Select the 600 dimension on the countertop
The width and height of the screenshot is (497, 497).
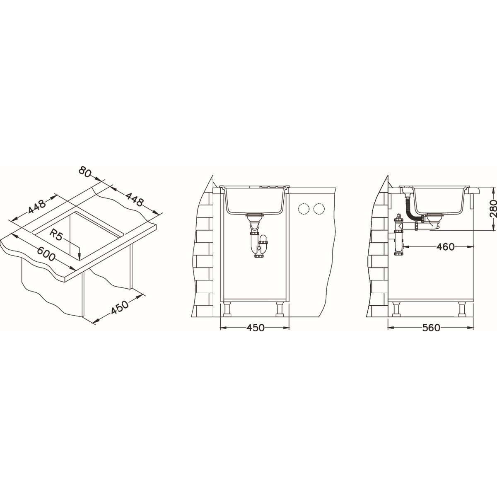click(x=46, y=254)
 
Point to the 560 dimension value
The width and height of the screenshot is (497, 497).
click(x=431, y=328)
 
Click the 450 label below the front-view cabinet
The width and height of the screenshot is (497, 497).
click(x=255, y=328)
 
